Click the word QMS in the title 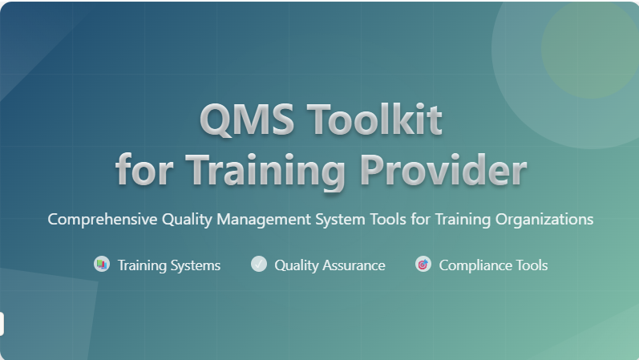[247, 119]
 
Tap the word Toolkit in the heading [374, 119]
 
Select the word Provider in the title [443, 171]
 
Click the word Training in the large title [265, 172]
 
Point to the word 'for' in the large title [144, 170]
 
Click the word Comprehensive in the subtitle [103, 220]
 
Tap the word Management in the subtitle [264, 220]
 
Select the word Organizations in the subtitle [544, 220]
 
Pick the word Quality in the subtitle [187, 220]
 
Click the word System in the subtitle [340, 220]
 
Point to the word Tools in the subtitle [388, 220]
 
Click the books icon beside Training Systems [102, 265]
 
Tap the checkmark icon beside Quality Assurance [259, 264]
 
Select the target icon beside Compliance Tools [423, 265]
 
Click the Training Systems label [169, 265]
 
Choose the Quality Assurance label [330, 265]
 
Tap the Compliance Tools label [494, 265]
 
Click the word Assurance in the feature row [354, 265]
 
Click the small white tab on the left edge [2, 324]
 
